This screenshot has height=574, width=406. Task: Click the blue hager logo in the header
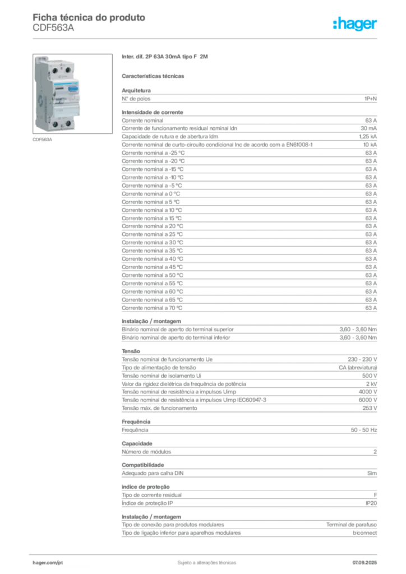[356, 24]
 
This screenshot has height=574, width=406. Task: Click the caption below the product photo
[43, 141]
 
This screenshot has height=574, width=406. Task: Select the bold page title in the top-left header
[90, 17]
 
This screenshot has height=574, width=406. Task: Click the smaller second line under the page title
[53, 31]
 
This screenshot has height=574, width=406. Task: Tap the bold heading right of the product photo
[166, 58]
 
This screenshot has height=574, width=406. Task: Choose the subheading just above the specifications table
[155, 75]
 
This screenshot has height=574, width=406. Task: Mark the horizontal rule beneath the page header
[206, 38]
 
